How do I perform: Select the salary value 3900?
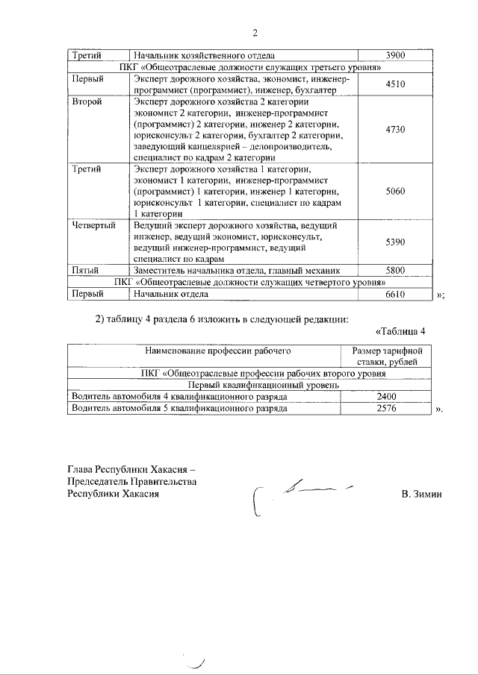click(395, 55)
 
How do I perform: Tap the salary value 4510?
click(395, 85)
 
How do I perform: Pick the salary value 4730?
click(395, 129)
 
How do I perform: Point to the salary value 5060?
click(395, 191)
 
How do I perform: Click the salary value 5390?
click(395, 242)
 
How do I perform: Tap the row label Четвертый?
click(93, 225)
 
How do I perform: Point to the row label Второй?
click(87, 101)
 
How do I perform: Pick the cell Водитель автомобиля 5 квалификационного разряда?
click(179, 409)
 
